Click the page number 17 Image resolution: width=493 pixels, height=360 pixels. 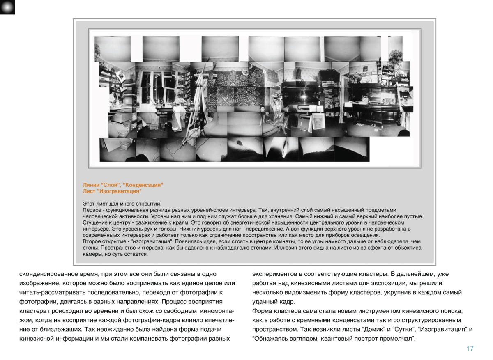point(470,349)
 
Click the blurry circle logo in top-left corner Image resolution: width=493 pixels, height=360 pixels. point(7,7)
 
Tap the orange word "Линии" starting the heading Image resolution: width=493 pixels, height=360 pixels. point(91,185)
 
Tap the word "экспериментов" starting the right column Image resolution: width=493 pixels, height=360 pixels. point(274,274)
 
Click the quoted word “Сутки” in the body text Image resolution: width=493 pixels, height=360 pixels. point(400,330)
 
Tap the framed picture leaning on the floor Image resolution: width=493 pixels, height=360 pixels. point(318,122)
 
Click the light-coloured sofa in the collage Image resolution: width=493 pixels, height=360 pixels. point(230,125)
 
